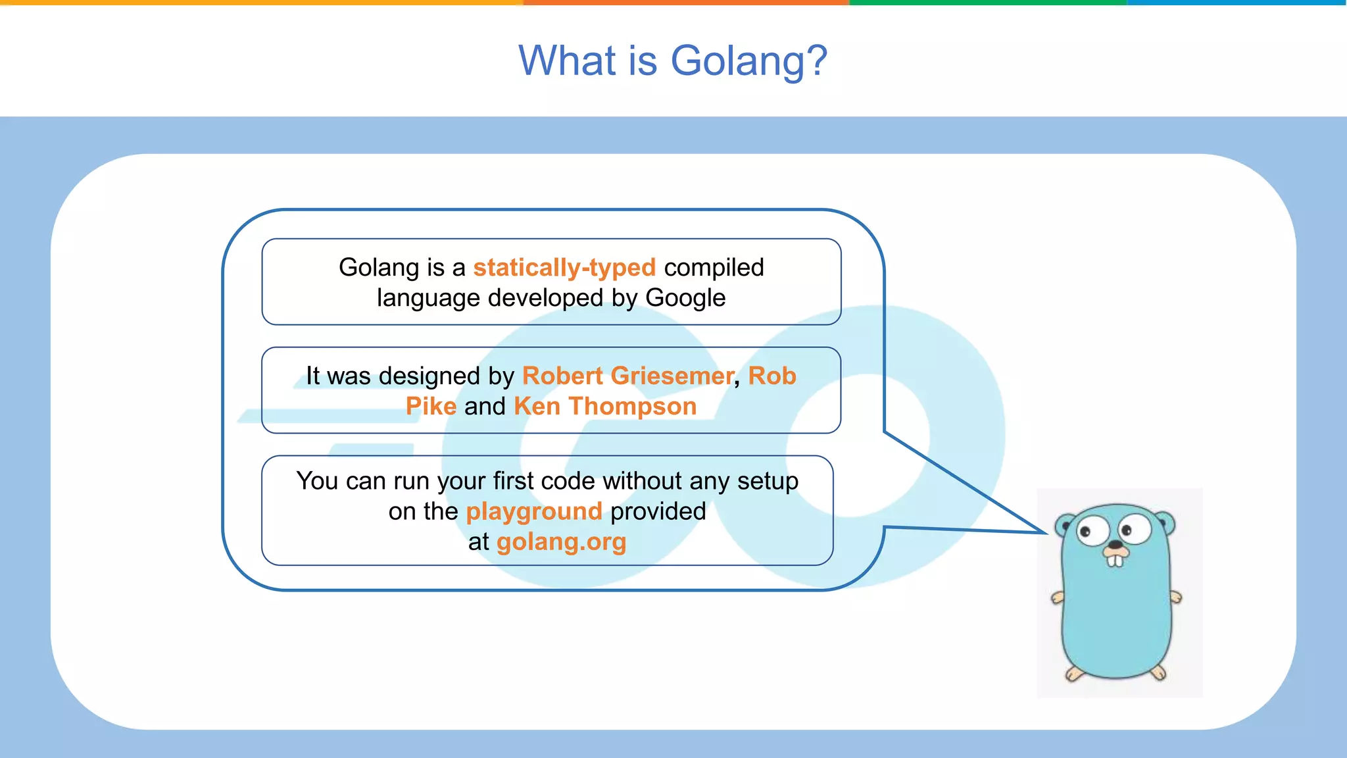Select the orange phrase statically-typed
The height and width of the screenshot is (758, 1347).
(x=564, y=268)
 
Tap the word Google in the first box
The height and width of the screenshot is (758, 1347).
(x=685, y=298)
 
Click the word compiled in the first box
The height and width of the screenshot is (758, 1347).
(x=714, y=268)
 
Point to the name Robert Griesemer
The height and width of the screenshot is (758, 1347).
(x=627, y=376)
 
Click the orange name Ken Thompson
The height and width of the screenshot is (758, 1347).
(x=605, y=406)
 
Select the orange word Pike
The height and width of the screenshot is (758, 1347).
(x=431, y=406)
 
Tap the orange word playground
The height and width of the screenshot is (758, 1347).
(x=534, y=511)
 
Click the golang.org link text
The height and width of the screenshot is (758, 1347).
(x=561, y=542)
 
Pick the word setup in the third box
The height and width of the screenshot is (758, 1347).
(x=768, y=481)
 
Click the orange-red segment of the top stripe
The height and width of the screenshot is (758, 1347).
(x=686, y=3)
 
